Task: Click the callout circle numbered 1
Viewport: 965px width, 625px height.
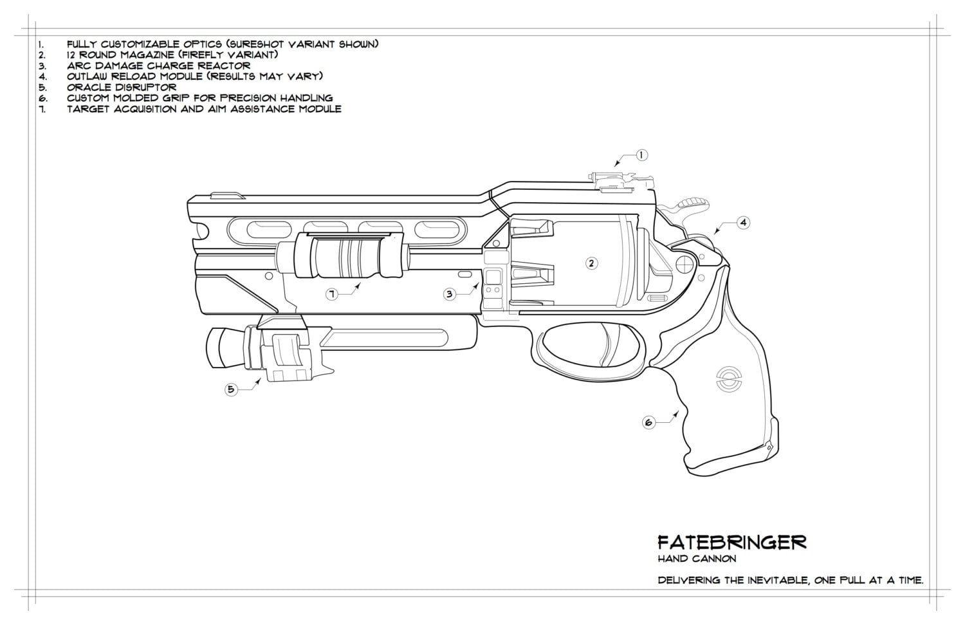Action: [x=641, y=155]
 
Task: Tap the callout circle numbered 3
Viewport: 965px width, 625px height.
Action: [x=450, y=294]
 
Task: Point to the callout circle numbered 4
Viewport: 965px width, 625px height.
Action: [x=743, y=223]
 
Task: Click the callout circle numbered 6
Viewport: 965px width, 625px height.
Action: [x=649, y=422]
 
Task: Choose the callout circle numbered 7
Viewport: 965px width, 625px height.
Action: [x=332, y=294]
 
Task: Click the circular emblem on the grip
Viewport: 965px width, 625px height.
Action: [x=727, y=378]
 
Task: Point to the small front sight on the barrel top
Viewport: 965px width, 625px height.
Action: [x=226, y=194]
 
